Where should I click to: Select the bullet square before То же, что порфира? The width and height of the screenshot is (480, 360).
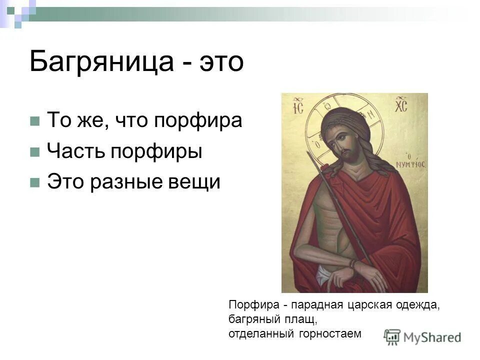pos(34,121)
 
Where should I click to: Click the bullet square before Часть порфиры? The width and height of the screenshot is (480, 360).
pos(34,152)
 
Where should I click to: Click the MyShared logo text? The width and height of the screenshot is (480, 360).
pos(432,337)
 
